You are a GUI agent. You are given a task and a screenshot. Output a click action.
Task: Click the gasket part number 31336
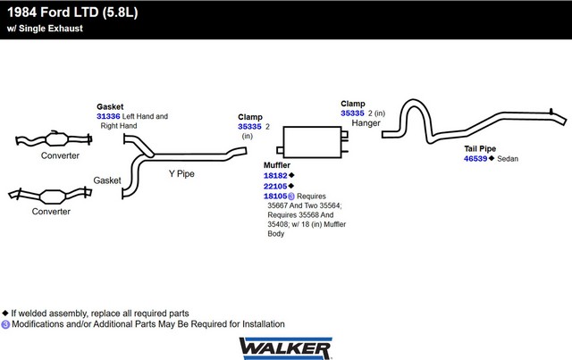click(x=108, y=116)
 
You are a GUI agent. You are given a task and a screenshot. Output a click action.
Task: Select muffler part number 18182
click(x=275, y=176)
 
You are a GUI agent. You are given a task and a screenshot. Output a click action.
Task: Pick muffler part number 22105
click(x=275, y=187)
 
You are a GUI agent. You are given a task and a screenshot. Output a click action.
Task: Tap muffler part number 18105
click(x=275, y=197)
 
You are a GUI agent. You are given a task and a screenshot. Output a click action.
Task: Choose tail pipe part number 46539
click(x=475, y=159)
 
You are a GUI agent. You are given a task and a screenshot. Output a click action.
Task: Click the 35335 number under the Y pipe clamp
click(x=249, y=127)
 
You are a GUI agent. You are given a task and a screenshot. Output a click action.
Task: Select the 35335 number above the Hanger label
click(x=352, y=113)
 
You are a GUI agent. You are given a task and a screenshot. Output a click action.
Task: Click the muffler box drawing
click(x=312, y=142)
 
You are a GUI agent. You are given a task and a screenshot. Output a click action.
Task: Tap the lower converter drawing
click(x=50, y=196)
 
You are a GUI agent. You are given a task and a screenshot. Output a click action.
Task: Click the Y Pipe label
click(x=181, y=173)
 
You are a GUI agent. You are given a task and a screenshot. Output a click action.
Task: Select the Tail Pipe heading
click(x=480, y=149)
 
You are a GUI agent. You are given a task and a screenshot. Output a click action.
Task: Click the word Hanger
click(x=366, y=123)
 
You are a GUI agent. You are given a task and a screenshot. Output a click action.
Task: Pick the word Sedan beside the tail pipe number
click(x=508, y=159)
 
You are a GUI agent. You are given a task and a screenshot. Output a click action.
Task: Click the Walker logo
click(x=286, y=348)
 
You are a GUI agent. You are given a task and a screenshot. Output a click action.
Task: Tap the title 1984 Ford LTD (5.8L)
click(x=72, y=13)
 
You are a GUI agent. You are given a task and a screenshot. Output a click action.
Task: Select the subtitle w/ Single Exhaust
click(x=45, y=29)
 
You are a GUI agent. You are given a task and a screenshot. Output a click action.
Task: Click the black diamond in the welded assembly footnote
click(x=5, y=313)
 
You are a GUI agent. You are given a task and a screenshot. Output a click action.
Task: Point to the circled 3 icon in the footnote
click(x=5, y=324)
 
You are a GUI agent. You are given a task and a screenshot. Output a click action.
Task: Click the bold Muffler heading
click(x=277, y=165)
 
